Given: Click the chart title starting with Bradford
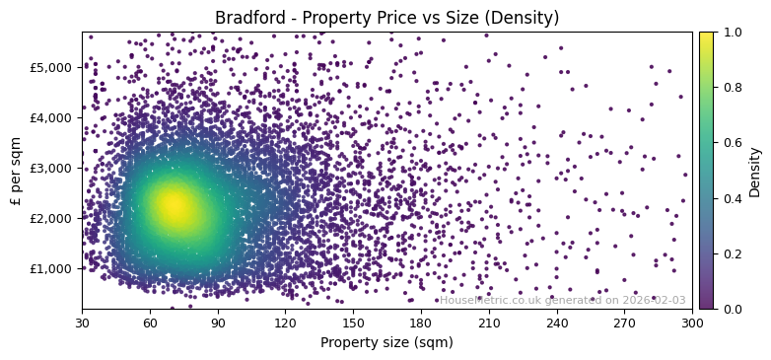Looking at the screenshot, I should (386, 18).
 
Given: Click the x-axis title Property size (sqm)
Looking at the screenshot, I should (386, 342).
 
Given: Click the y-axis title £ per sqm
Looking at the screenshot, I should (15, 171).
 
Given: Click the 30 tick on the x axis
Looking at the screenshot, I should (82, 322).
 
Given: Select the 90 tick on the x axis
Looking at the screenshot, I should (218, 322).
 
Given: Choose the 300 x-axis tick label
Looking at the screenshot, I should (692, 322).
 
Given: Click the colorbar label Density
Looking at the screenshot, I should (755, 171).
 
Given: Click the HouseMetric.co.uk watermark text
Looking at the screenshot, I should (562, 300).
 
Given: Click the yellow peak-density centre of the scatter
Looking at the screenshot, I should (174, 205).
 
